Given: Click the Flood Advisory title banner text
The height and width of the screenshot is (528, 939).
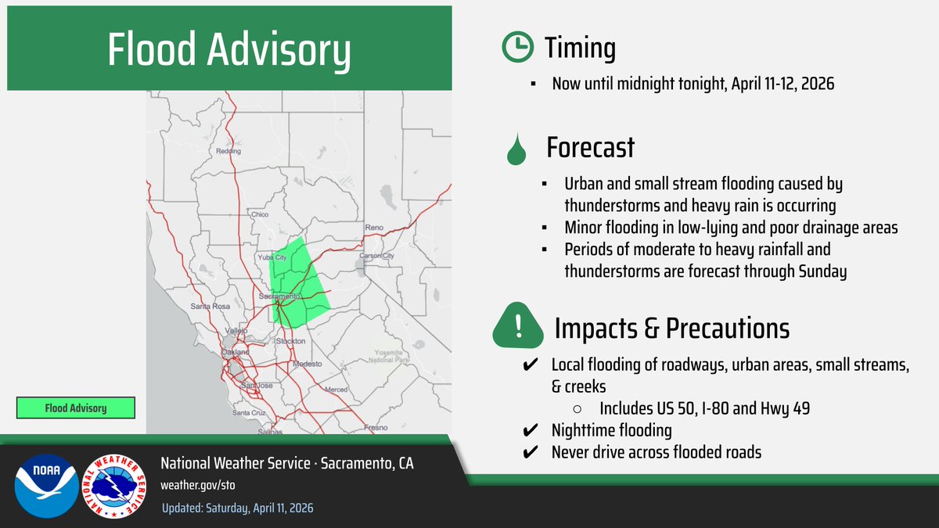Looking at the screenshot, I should (228, 51).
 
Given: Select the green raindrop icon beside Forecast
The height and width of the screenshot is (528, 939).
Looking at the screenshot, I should (516, 149).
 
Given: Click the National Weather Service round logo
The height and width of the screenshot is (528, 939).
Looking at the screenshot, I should (114, 485).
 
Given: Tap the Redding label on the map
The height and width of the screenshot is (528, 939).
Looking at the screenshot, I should (228, 150).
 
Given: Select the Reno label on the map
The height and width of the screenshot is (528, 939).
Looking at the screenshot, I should (375, 228).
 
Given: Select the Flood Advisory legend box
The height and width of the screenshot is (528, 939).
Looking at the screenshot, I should (76, 408).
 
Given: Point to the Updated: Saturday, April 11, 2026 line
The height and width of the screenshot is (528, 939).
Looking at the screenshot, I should (237, 508).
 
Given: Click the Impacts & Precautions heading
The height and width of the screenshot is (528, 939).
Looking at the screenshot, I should (671, 329).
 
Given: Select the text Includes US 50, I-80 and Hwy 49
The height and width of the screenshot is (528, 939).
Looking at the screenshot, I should (706, 408).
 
